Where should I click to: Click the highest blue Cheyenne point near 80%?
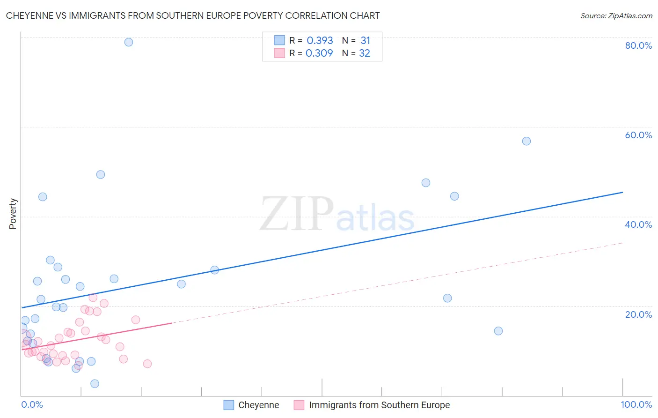pos(129,42)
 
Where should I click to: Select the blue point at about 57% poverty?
pos(526,141)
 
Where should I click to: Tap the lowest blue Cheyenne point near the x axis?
pos(95,384)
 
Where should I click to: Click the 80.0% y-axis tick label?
pos(638,45)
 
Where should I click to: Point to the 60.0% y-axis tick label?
pos(638,135)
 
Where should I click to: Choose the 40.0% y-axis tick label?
pos(638,224)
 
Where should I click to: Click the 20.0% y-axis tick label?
pos(638,314)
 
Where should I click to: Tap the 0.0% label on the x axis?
pos(32,405)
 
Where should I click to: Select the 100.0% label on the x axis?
pos(636,405)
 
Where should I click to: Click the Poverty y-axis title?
pos(13,214)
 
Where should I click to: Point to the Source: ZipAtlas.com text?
pos(616,16)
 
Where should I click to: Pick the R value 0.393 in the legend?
pos(320,41)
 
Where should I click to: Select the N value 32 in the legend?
pos(365,53)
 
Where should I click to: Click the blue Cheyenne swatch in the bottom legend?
pos(229,405)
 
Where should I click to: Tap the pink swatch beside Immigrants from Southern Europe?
pos(299,405)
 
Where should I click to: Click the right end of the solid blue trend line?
pos(622,192)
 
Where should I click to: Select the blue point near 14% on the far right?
pos(498,331)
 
